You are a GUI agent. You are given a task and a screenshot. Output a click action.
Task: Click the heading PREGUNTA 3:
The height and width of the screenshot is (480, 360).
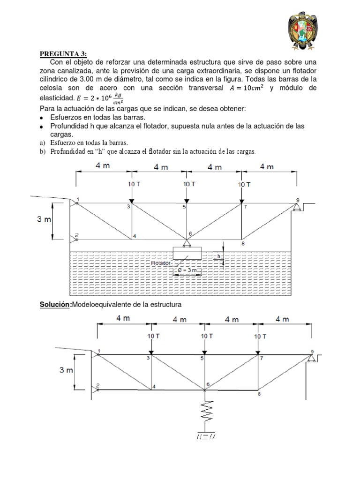[60, 54]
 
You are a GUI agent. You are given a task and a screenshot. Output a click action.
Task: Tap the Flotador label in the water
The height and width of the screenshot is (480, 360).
[162, 263]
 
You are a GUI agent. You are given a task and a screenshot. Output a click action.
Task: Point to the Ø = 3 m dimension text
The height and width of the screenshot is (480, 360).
[187, 271]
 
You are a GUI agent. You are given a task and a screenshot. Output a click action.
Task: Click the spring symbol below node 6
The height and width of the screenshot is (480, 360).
[205, 411]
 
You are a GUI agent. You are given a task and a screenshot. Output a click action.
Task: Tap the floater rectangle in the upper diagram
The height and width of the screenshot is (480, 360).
[187, 253]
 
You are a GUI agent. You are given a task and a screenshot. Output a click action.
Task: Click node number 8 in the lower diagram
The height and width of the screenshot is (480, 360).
[259, 395]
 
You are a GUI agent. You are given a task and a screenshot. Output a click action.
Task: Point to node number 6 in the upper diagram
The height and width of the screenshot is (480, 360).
[190, 233]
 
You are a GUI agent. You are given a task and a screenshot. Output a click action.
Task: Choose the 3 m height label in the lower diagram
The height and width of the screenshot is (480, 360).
[66, 370]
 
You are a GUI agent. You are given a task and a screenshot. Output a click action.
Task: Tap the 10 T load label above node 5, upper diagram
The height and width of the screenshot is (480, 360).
[189, 184]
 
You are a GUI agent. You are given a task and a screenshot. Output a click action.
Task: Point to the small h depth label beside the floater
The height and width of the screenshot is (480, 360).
[218, 256]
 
